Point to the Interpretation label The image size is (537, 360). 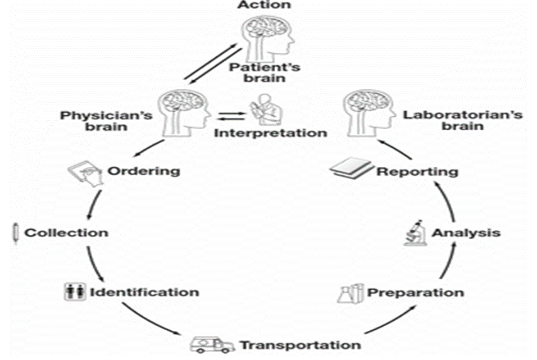point(270,133)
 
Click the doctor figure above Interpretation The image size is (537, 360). point(265,109)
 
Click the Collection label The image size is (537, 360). point(66,232)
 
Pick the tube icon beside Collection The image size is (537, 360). point(15,233)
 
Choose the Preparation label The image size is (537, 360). point(415,293)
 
